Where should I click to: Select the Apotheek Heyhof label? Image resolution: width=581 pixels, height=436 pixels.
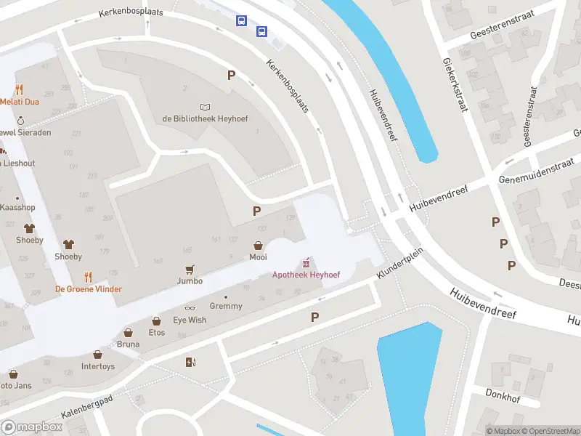(306, 275)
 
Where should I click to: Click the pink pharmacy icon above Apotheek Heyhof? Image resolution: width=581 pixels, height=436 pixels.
(306, 262)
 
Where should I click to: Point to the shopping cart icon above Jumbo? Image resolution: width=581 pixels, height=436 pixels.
(190, 269)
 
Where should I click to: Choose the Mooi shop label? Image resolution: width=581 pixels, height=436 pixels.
(258, 257)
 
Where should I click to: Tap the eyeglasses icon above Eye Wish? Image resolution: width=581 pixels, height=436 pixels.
(190, 309)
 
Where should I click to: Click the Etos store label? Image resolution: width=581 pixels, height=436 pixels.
(156, 333)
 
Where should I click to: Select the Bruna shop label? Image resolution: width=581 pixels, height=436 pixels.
(128, 344)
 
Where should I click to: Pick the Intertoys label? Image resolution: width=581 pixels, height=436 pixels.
(98, 366)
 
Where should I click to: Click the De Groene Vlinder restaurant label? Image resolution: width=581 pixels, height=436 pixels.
(89, 288)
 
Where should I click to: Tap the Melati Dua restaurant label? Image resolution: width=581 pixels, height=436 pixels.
(19, 102)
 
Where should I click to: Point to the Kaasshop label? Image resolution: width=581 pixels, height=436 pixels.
(17, 208)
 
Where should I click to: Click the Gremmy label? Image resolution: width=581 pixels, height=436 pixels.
(225, 307)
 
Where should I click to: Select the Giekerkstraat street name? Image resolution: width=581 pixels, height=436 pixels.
(453, 86)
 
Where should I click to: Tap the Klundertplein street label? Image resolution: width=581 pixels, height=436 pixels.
(399, 263)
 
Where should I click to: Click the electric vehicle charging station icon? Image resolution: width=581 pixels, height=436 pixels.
(190, 362)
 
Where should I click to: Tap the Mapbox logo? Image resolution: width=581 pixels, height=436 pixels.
(32, 427)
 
